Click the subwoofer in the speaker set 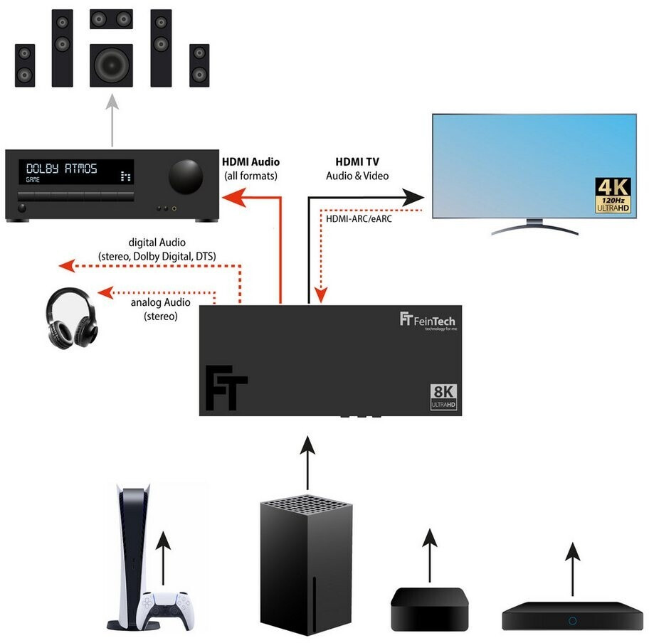click(112, 65)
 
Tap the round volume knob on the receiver click(185, 174)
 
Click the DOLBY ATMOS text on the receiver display click(62, 169)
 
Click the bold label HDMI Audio click(251, 162)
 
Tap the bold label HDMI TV click(357, 162)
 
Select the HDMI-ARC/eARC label click(359, 218)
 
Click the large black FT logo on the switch click(226, 388)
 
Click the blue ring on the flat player click(572, 620)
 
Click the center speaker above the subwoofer click(111, 19)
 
